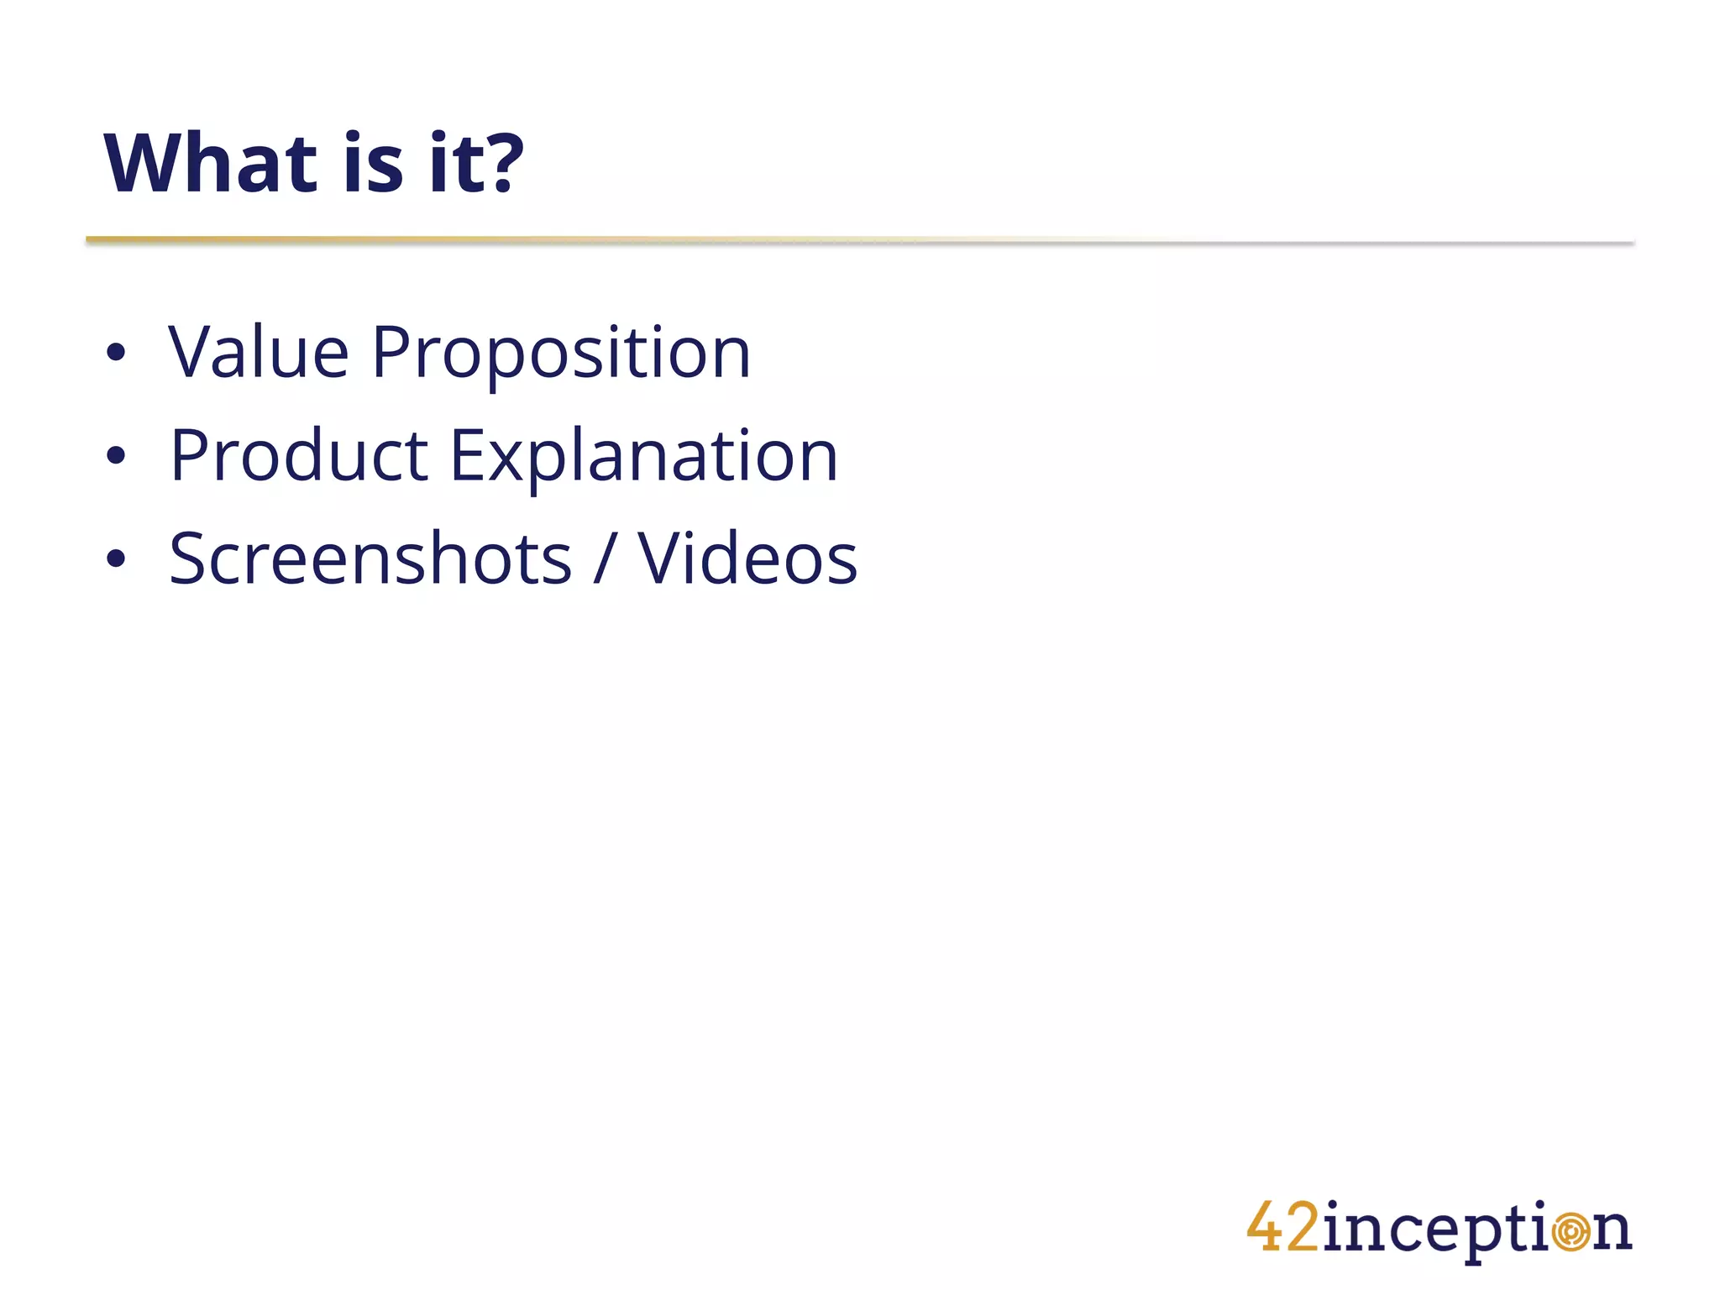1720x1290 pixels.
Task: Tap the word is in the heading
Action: tap(373, 164)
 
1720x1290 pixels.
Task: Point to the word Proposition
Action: tap(560, 354)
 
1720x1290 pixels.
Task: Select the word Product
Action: tap(299, 456)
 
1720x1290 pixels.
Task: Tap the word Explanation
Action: tap(643, 458)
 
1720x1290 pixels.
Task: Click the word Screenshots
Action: tap(370, 559)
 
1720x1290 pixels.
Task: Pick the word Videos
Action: tap(747, 559)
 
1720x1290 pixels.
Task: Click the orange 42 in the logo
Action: tap(1282, 1228)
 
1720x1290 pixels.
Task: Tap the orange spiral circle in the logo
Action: tap(1570, 1232)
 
